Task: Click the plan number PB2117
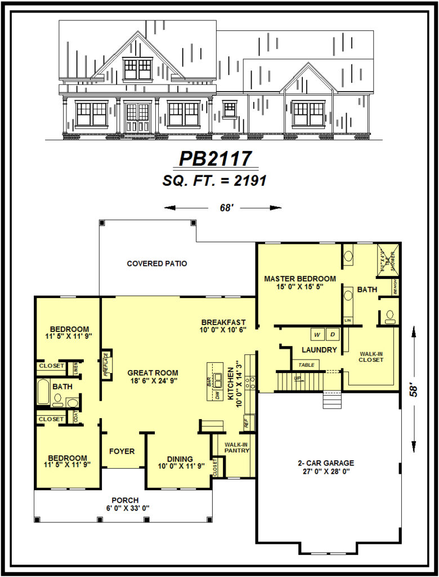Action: coord(216,159)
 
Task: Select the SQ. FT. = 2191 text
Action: coord(214,180)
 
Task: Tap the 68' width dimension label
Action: coord(227,208)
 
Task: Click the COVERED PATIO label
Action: coord(157,264)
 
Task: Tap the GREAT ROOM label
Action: coord(153,372)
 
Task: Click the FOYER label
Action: coord(122,451)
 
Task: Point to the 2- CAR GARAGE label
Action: coord(326,463)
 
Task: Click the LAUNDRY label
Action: coord(319,350)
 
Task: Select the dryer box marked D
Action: coord(332,335)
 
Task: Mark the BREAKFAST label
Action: coord(224,322)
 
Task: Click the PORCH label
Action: coord(122,500)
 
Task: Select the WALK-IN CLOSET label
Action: coord(371,357)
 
